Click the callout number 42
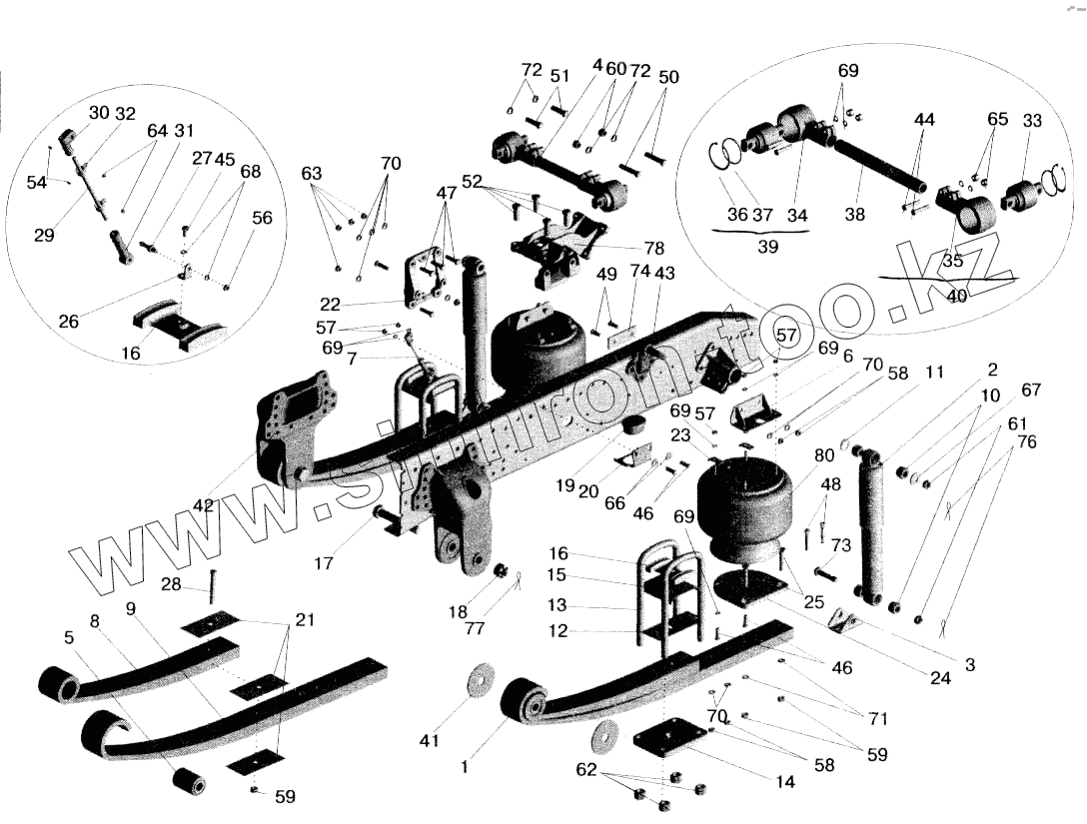tap(203, 506)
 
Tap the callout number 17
tap(324, 563)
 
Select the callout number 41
tap(430, 741)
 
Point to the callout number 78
tap(653, 248)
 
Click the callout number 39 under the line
tap(767, 247)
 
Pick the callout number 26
tap(69, 321)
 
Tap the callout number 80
tap(824, 456)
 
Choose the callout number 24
tap(940, 678)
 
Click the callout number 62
tap(586, 770)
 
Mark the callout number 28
tap(171, 584)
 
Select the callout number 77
tap(475, 628)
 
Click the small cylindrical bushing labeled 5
tap(189, 782)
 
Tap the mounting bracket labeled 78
tap(558, 252)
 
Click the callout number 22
tap(330, 305)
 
